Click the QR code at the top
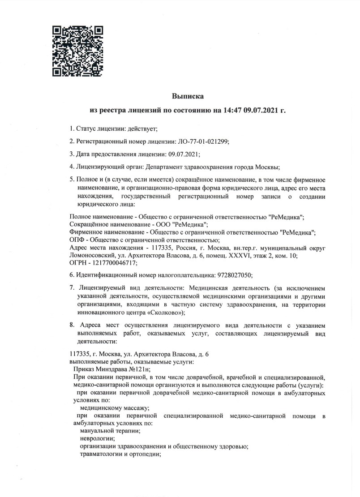click(x=78, y=51)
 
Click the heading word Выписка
click(x=188, y=96)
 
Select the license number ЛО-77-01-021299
click(x=203, y=141)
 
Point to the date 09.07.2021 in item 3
click(x=184, y=154)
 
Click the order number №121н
click(x=140, y=369)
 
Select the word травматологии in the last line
click(x=100, y=454)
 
